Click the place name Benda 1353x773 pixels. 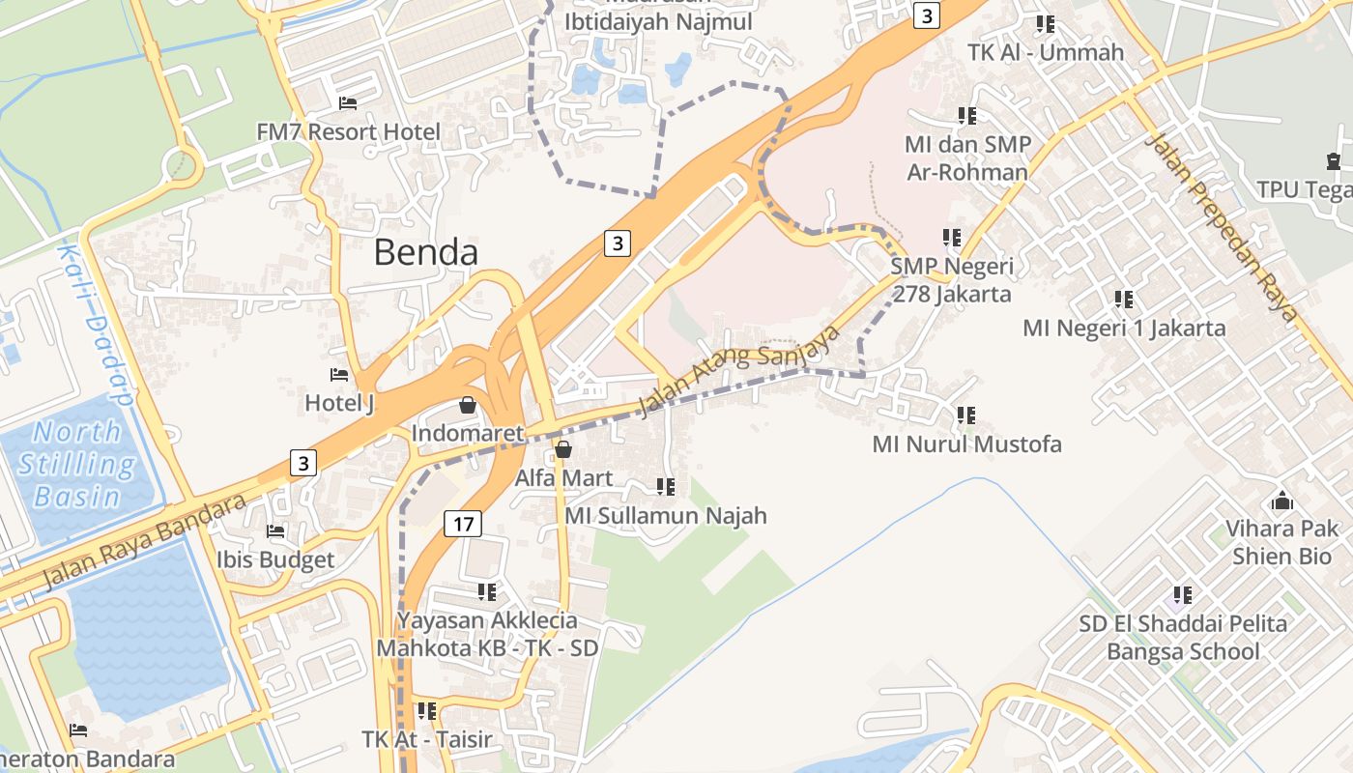[425, 252]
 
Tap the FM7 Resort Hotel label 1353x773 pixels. [348, 131]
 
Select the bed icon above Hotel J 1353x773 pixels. [339, 375]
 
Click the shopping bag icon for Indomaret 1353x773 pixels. [468, 405]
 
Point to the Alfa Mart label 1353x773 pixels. [563, 477]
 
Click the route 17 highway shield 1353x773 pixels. [463, 524]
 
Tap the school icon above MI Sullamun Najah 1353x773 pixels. [665, 487]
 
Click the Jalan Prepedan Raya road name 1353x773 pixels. [1220, 227]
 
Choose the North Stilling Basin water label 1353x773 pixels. [76, 464]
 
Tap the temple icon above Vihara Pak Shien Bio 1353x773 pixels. [1282, 501]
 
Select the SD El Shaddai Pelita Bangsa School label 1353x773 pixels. [1183, 637]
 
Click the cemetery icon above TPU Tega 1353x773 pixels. [1334, 161]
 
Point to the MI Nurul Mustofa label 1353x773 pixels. [966, 444]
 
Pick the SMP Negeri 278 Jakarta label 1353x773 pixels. [952, 279]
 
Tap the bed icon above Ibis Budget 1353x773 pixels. [275, 530]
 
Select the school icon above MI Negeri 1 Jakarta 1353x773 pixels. [1123, 300]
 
